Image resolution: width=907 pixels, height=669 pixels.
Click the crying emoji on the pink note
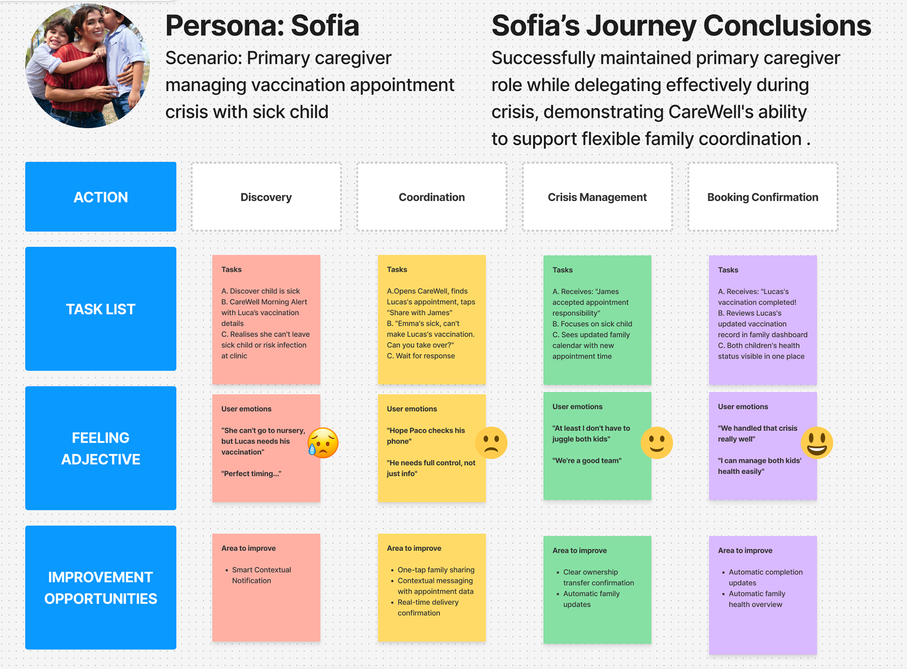pos(323,443)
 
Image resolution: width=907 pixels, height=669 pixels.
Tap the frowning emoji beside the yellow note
pos(491,443)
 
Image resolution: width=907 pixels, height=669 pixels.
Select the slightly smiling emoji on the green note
pos(657,443)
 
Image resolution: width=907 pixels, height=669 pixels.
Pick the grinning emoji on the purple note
pos(817,443)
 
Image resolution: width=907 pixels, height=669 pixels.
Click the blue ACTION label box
pos(101,197)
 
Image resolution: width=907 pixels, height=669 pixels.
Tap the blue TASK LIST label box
pos(101,309)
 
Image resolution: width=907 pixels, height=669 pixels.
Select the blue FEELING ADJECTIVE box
pos(101,448)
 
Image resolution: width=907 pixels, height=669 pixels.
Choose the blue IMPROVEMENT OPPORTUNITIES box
pos(101,587)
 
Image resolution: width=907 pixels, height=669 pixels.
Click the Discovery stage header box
pos(266,197)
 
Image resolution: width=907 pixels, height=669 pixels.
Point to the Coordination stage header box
pos(431,197)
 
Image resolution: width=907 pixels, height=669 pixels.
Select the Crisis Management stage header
pos(597,197)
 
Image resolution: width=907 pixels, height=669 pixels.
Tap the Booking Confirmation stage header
pos(762,197)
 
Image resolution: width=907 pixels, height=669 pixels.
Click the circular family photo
pos(87,66)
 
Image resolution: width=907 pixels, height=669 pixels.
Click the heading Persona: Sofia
pos(262,25)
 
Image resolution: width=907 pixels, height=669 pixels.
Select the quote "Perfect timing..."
pos(251,474)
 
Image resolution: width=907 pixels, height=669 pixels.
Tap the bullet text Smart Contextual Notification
pos(261,575)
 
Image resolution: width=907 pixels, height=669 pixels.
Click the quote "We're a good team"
pos(587,460)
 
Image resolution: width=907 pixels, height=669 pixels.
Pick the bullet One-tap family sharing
pos(436,570)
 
